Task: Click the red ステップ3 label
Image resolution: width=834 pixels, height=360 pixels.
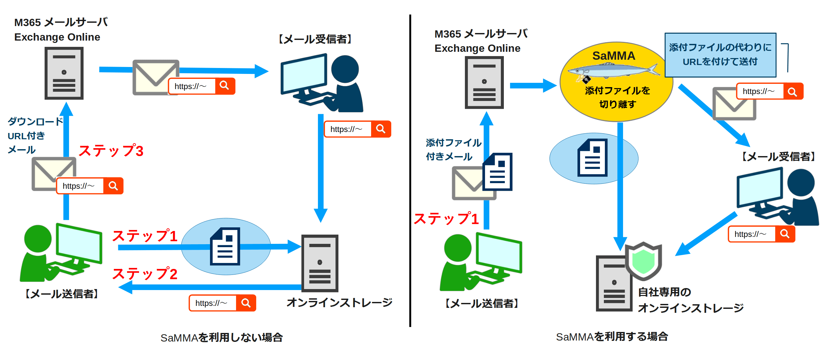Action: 111,151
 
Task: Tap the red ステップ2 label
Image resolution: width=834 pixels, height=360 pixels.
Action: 145,274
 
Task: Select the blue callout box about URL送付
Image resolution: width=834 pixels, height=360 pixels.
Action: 720,55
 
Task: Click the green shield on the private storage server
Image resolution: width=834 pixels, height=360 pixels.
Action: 643,261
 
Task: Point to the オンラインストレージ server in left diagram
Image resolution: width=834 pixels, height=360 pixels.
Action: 320,263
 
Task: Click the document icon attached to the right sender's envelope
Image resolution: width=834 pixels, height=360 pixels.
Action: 498,172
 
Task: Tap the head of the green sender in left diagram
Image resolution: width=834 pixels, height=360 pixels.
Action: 38,239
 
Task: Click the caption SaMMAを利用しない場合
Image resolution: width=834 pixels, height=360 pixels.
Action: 222,337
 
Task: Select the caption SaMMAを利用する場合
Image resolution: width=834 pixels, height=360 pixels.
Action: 612,337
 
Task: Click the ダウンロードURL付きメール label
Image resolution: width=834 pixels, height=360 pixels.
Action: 35,136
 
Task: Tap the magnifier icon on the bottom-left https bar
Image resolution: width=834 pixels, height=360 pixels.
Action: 246,303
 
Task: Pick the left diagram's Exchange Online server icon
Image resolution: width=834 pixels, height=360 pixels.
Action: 64,73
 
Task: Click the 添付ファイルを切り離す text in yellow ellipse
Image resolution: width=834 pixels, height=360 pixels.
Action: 617,97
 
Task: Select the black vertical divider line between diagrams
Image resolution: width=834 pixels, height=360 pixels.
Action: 410,172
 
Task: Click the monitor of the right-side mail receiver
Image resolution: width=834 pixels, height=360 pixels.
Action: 759,187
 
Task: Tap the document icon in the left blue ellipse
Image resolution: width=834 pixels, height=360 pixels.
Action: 225,246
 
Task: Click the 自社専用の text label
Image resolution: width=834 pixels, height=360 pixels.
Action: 664,292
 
